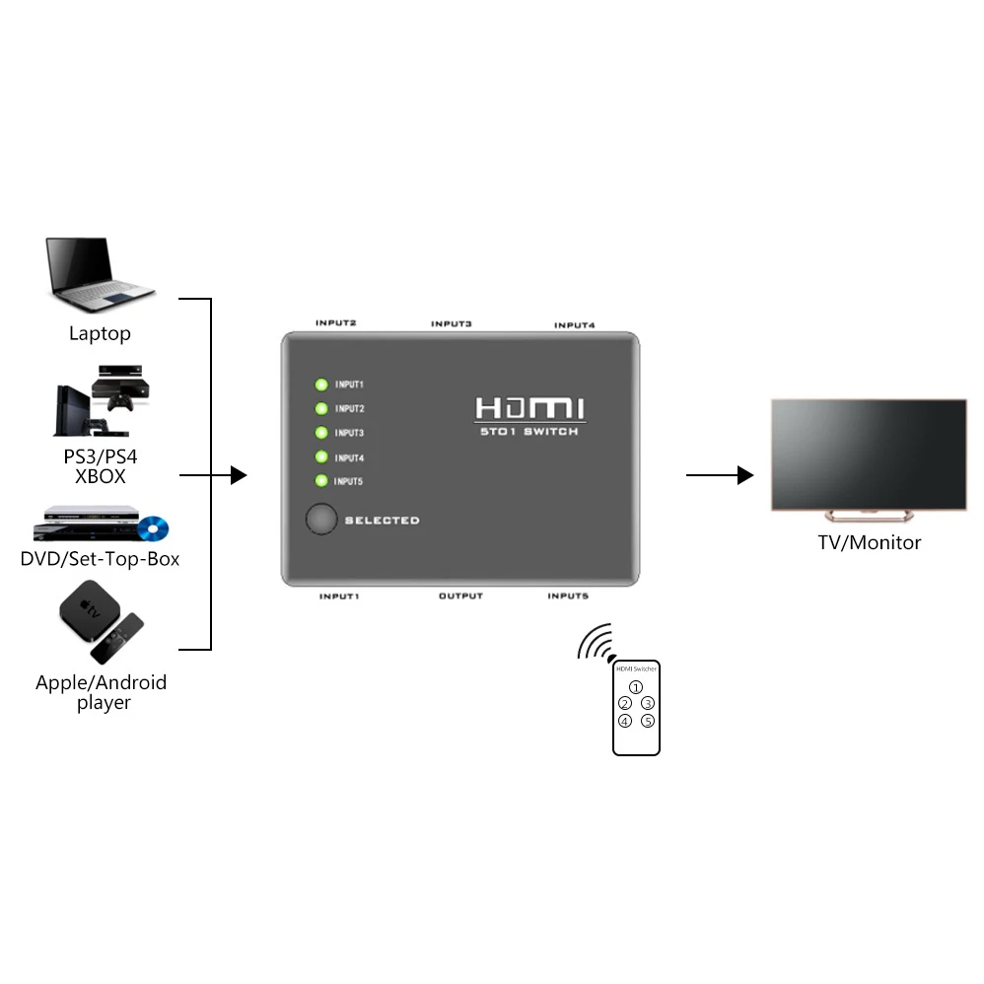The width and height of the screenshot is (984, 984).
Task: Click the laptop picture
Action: click(100, 274)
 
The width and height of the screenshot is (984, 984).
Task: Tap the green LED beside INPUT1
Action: click(321, 385)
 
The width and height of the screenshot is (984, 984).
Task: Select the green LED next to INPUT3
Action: click(321, 433)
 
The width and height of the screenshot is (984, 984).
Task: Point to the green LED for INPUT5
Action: click(321, 481)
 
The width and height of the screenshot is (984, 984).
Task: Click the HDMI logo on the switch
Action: click(530, 408)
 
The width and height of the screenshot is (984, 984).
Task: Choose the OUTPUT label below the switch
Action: click(460, 596)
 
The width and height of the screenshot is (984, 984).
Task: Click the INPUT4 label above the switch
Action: click(574, 325)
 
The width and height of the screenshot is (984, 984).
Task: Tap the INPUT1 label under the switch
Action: click(339, 597)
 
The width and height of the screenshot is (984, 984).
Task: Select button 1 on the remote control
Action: click(636, 687)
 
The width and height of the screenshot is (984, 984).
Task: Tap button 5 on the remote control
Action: click(648, 721)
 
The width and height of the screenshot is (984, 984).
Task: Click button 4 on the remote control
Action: click(625, 721)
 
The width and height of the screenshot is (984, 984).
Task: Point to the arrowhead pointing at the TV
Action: click(745, 475)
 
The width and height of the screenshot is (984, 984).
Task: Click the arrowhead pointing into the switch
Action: click(239, 475)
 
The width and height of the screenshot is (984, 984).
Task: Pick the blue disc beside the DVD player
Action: click(153, 528)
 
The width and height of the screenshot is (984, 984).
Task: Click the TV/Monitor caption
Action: click(870, 542)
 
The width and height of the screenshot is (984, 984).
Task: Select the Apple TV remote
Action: click(117, 638)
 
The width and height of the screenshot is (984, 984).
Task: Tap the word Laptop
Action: click(100, 333)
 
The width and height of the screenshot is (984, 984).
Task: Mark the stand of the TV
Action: click(869, 516)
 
